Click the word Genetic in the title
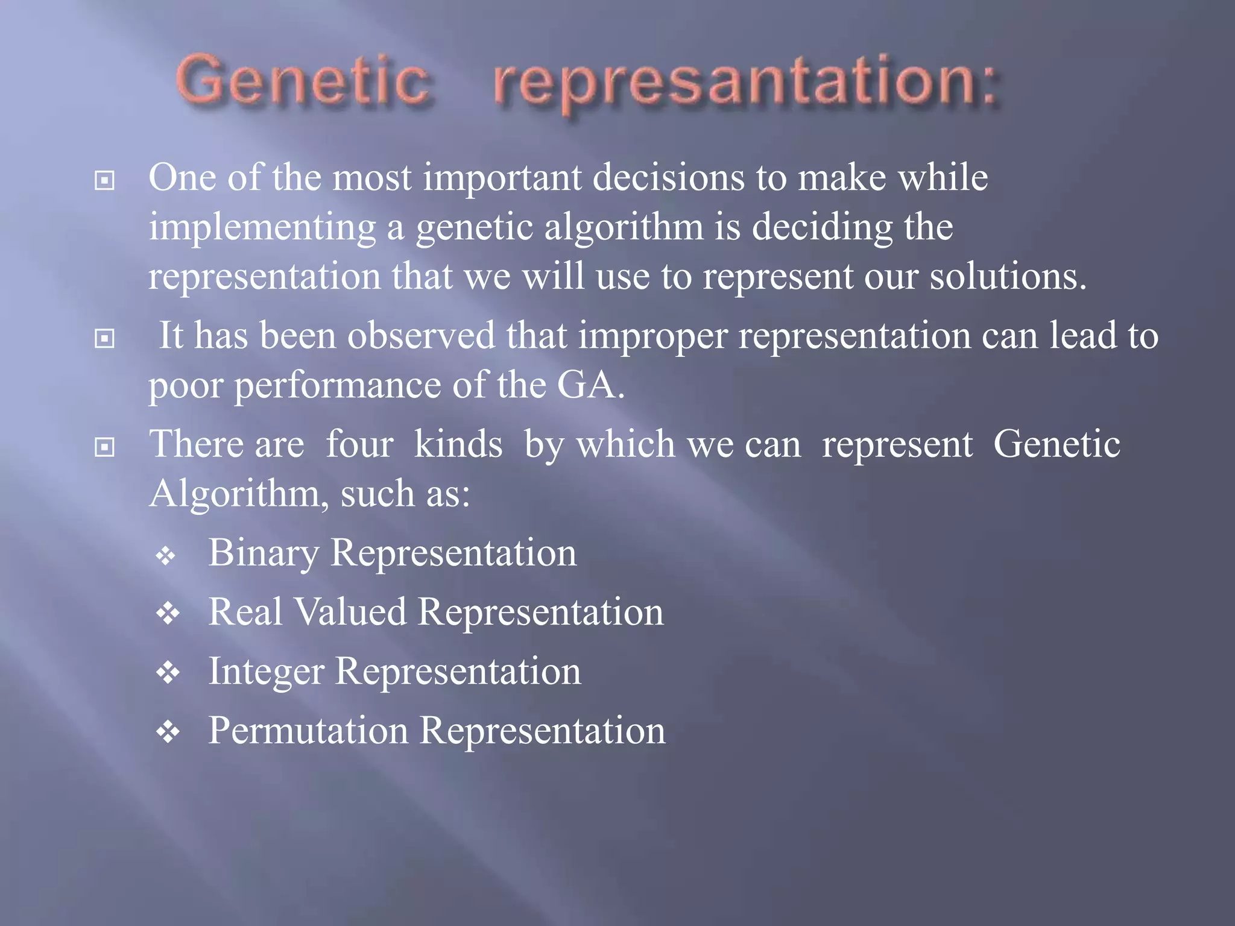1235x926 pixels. coord(303,81)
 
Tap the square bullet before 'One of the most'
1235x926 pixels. coord(105,180)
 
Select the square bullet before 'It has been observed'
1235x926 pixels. coord(105,338)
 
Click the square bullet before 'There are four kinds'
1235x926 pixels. coord(105,447)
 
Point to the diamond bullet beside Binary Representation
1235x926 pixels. coord(166,555)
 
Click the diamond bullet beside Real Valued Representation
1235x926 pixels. coord(168,614)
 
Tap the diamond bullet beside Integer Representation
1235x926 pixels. coord(168,673)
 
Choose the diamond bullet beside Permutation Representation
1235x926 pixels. coord(168,732)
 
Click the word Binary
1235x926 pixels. coord(264,553)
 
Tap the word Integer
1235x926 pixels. coord(266,672)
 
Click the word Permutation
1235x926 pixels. coord(308,730)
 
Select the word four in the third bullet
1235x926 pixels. coord(359,444)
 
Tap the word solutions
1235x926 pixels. coord(1008,277)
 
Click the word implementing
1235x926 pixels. coord(262,228)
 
